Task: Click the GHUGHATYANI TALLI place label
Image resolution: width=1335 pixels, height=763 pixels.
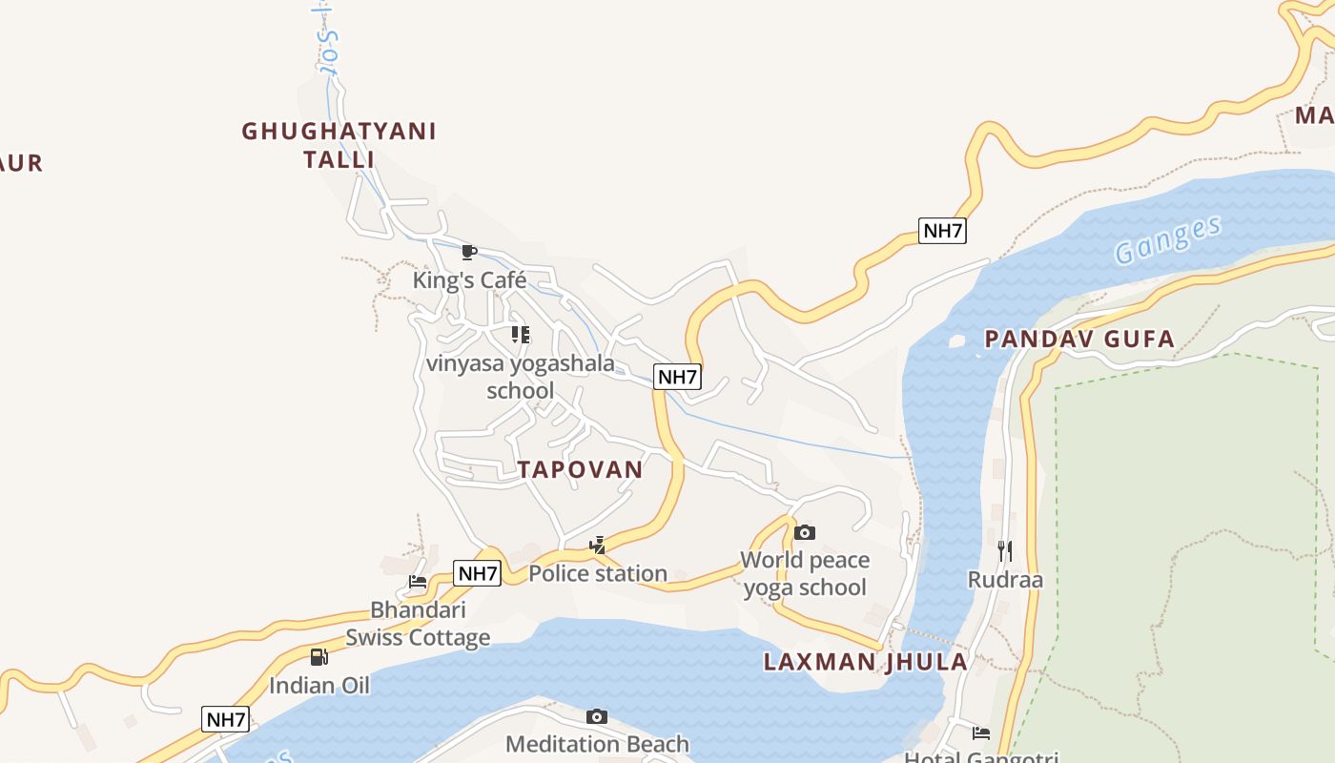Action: (x=339, y=145)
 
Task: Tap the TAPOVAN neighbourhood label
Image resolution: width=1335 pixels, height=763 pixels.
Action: (x=580, y=469)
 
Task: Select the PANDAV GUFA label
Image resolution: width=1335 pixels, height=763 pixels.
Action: (x=1079, y=339)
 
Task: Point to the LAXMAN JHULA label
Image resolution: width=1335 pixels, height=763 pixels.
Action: (x=865, y=662)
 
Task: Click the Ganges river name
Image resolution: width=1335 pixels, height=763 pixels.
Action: (x=1167, y=239)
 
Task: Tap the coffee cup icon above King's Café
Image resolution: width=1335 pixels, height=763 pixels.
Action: (x=468, y=252)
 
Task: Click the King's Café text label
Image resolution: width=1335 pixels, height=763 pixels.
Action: (x=469, y=279)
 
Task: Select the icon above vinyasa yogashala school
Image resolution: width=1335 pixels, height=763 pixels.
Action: (x=520, y=335)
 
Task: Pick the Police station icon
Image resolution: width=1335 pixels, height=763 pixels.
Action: (x=598, y=546)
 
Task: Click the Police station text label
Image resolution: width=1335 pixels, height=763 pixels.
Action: (x=598, y=573)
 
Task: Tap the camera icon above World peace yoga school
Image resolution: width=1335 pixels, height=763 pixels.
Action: (x=805, y=532)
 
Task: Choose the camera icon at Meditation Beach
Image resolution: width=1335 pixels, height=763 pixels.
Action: (x=597, y=716)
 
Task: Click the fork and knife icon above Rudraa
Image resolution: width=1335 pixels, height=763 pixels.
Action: (x=1004, y=550)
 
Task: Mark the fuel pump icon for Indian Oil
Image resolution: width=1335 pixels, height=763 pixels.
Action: (x=319, y=656)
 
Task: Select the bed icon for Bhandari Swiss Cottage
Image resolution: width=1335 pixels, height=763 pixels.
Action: (x=418, y=581)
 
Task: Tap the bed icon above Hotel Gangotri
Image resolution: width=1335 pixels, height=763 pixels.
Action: (x=981, y=732)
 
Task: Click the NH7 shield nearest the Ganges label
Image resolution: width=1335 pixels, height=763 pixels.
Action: (x=942, y=230)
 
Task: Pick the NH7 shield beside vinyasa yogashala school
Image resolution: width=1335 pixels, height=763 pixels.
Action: (x=677, y=377)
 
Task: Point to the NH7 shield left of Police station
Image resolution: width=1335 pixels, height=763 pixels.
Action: (x=477, y=573)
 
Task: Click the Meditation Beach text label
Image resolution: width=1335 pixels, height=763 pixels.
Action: (x=597, y=744)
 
